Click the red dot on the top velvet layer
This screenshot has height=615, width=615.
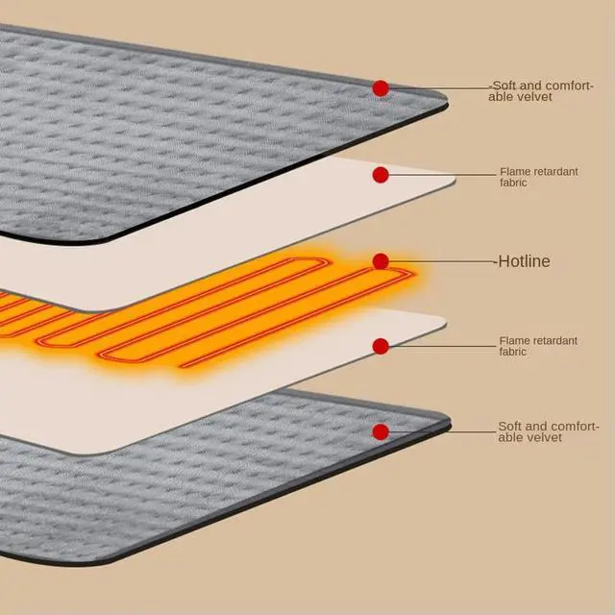[x=381, y=88]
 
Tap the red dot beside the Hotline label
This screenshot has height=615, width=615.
[x=381, y=261]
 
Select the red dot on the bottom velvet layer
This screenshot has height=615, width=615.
[x=381, y=431]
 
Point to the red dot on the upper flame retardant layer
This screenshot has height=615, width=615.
[x=381, y=175]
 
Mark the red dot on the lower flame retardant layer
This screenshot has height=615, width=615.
[x=381, y=346]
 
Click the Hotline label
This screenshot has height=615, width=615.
[x=525, y=261]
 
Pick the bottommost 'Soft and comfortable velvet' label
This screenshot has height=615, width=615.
[x=548, y=431]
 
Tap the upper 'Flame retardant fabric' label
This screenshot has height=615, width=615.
[x=538, y=177]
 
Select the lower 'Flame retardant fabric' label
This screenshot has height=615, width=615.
[x=538, y=346]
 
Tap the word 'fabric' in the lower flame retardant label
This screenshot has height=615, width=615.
[x=513, y=353]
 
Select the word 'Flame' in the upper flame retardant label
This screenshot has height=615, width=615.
[x=513, y=171]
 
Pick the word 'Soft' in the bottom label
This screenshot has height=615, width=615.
[x=510, y=426]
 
